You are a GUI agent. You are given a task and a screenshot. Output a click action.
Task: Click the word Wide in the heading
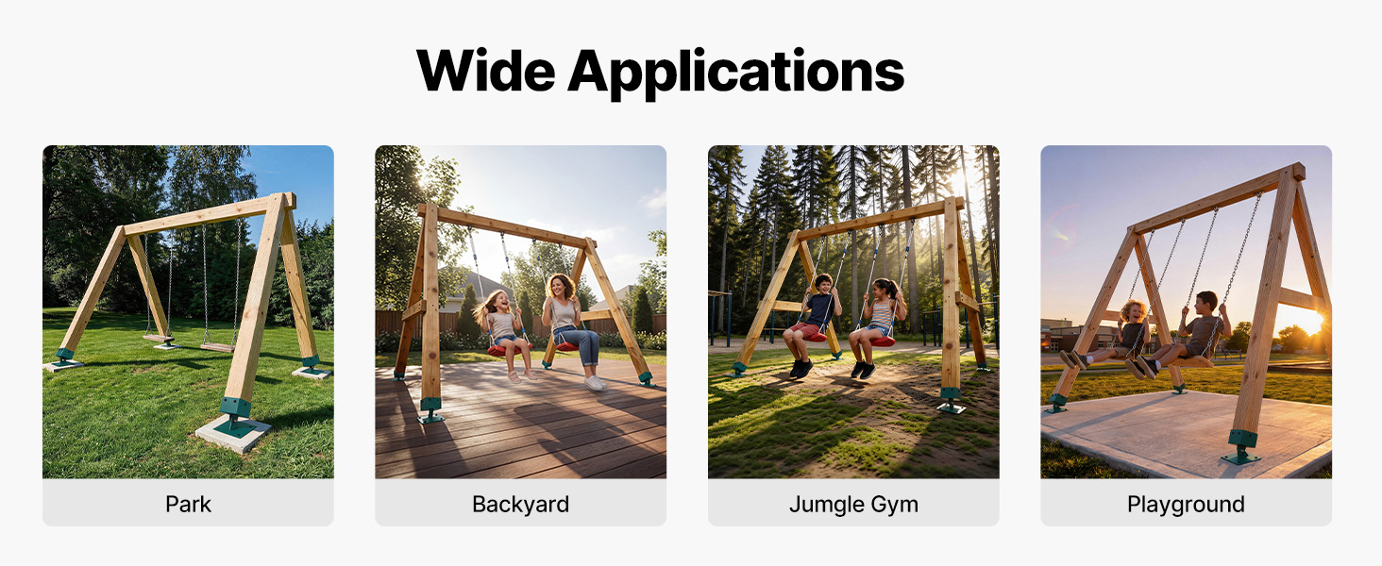(486, 70)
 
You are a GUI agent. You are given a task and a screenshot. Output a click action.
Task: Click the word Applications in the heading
(736, 73)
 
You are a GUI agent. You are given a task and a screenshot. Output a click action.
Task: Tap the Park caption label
(188, 504)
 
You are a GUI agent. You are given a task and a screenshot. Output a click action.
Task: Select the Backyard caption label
(521, 505)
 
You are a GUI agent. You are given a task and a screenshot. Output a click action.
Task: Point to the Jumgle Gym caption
(853, 505)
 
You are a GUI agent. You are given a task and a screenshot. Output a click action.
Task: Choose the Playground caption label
(1186, 505)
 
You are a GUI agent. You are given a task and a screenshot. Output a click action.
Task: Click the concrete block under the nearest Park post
(232, 432)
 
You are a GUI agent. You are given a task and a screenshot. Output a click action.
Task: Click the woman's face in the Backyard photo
(559, 287)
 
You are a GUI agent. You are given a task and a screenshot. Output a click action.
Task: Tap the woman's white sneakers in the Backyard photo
(594, 382)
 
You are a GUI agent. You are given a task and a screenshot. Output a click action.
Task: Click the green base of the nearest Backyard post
(430, 410)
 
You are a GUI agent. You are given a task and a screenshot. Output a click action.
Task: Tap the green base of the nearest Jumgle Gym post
(951, 400)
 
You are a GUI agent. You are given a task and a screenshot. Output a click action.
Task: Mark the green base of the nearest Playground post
(1241, 447)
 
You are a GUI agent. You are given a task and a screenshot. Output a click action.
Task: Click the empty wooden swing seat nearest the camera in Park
(218, 348)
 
